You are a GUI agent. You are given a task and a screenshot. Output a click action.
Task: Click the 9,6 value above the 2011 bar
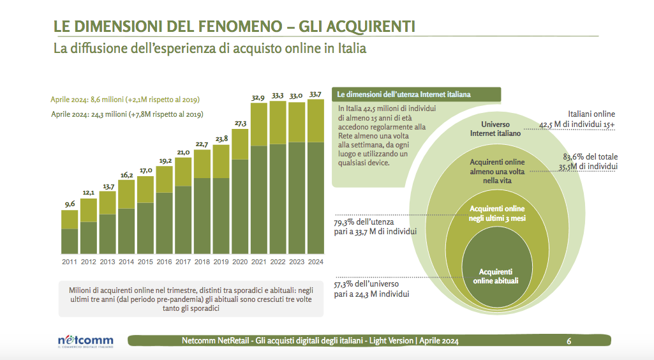point(69,204)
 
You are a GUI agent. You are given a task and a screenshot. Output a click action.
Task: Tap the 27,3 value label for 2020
point(241,123)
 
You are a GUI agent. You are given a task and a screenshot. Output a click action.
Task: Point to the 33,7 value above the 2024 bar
point(315,94)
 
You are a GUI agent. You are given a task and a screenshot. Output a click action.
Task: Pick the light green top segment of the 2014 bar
point(126,194)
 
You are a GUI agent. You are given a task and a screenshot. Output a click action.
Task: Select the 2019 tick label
point(221,262)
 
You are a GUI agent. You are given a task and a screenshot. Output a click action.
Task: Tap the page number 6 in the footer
point(569,341)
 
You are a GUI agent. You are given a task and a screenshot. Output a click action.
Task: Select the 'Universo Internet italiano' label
point(495,129)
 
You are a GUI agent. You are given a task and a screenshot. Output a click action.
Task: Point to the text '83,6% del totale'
point(590,156)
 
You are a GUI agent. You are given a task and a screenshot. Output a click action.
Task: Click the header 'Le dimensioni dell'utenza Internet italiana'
point(404,94)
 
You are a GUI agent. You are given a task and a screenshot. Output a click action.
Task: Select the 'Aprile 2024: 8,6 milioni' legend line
point(126,100)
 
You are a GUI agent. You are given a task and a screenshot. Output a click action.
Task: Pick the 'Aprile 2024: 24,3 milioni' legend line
point(127,114)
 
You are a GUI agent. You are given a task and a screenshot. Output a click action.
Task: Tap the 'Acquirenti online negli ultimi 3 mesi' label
point(497,213)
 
